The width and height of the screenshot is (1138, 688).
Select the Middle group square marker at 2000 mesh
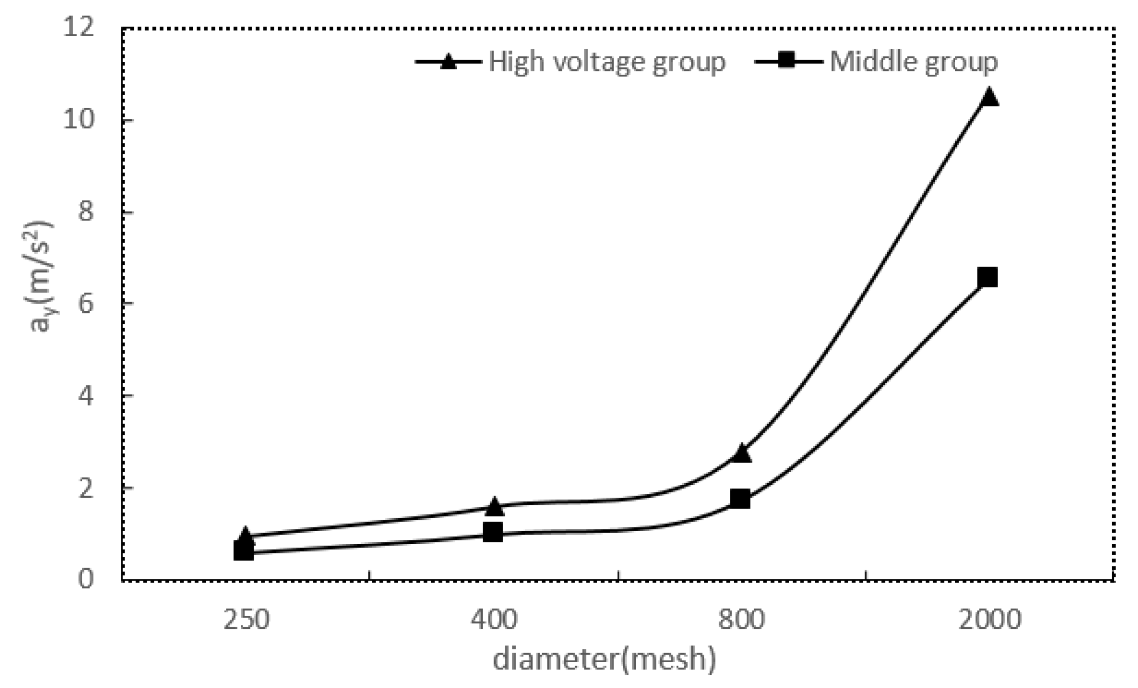pyautogui.click(x=988, y=277)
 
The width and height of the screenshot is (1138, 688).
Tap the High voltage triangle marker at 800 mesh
pyautogui.click(x=741, y=454)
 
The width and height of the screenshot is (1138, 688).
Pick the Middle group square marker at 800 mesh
pyautogui.click(x=740, y=499)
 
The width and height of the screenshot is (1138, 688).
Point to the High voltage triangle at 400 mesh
pyautogui.click(x=494, y=506)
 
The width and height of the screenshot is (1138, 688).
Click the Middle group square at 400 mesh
pyautogui.click(x=493, y=533)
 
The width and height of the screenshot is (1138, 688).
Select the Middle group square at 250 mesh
pyautogui.click(x=244, y=551)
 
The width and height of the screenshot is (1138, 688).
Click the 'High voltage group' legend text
pyautogui.click(x=606, y=62)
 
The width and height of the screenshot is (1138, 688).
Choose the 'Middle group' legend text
pyautogui.click(x=913, y=62)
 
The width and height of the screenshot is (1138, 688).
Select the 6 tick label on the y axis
pyautogui.click(x=86, y=304)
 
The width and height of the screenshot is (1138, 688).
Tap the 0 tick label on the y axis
pyautogui.click(x=86, y=579)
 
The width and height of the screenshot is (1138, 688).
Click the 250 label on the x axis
pyautogui.click(x=246, y=620)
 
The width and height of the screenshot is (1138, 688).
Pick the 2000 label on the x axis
pyautogui.click(x=989, y=620)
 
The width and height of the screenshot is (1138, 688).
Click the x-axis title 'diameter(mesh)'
pyautogui.click(x=604, y=659)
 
